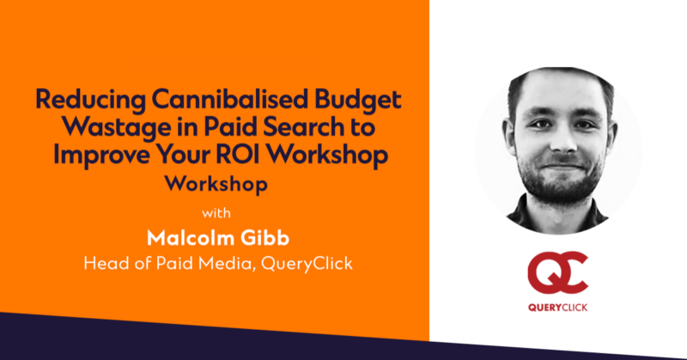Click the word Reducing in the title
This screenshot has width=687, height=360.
pos(91,100)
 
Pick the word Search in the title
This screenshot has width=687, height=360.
pos(303,126)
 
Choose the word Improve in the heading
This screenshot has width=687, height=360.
pos(101,155)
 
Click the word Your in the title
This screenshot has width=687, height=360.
pos(183,154)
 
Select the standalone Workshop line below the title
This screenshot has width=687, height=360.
pos(216,184)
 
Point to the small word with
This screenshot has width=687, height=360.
pos(216,213)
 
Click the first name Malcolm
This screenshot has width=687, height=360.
pos(187,238)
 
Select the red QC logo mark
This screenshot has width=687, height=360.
pos(557,273)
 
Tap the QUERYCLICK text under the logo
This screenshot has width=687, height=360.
pos(557,308)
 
